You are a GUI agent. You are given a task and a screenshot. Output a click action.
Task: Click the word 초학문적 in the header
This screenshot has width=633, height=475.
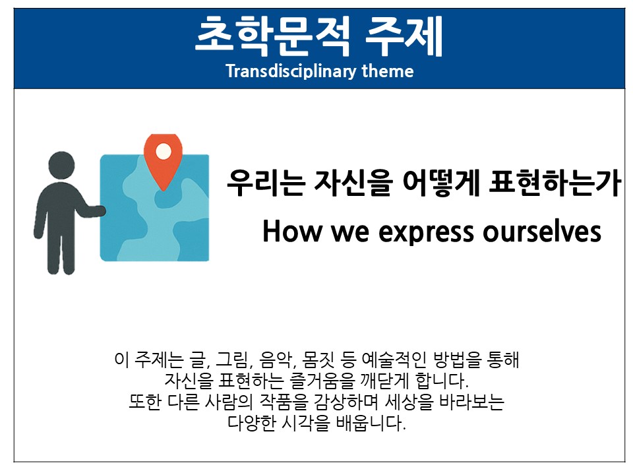272,36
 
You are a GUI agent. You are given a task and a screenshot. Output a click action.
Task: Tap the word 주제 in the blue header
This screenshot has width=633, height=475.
404,36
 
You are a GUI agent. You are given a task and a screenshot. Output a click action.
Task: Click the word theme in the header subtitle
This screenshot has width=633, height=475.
388,71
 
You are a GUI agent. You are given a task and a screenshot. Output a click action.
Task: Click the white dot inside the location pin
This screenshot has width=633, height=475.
163,152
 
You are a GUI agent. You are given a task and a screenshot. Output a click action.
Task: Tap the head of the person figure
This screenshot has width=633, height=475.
61,165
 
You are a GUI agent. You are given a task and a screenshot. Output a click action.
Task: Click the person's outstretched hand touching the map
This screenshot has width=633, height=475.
99,210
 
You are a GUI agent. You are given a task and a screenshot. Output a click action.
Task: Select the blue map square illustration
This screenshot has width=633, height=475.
154,208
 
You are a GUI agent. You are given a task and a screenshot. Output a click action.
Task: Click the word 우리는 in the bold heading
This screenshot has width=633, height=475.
266,183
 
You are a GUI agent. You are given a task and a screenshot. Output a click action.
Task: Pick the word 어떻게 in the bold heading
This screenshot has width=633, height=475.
441,183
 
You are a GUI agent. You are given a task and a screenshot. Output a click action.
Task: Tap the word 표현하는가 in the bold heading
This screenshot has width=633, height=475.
555,183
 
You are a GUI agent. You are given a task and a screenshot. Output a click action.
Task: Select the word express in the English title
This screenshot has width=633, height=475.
427,233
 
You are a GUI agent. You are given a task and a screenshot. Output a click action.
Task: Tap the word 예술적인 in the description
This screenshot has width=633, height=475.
394,360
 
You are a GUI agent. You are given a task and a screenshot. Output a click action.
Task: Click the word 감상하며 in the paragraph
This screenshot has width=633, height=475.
346,401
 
